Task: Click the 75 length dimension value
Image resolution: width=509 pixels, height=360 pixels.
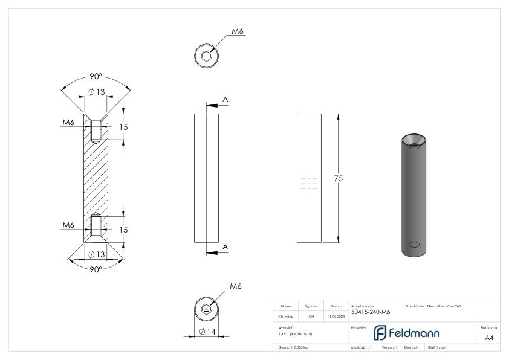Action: pos(339,179)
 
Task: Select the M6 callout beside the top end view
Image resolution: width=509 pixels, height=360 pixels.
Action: pos(238,31)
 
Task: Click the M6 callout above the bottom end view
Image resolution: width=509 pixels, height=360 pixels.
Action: pos(236,286)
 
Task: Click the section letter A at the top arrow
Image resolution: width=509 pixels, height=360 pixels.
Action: pos(225,99)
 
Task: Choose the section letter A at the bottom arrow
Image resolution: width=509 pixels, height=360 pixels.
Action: pos(225,246)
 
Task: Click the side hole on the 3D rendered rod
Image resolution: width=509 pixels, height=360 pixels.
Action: pos(414,245)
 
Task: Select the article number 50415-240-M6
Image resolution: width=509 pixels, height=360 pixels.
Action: pos(370,312)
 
